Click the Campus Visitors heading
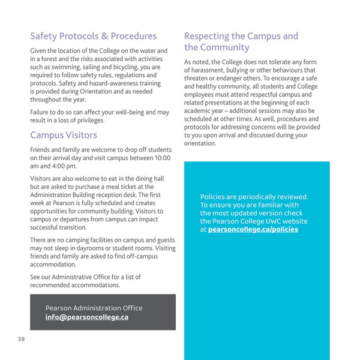64,135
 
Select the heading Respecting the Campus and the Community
241,41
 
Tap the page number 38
21,340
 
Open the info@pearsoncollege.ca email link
87,317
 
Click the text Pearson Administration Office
94,308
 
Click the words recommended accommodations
75,285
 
